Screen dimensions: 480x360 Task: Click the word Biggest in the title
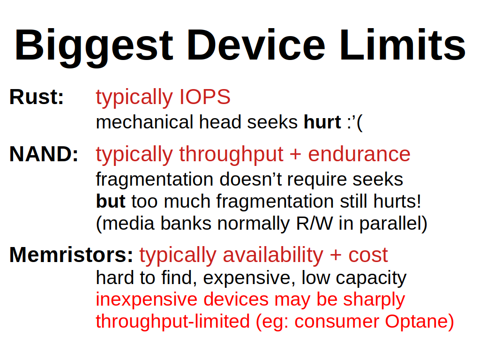click(x=94, y=46)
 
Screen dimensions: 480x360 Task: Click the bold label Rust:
click(x=37, y=97)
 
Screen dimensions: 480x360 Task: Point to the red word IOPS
click(x=205, y=97)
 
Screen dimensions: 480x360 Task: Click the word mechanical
click(x=144, y=122)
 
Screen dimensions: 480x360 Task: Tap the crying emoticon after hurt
click(x=355, y=122)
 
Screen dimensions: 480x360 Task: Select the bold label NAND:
click(x=44, y=154)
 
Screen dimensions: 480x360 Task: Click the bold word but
click(x=111, y=201)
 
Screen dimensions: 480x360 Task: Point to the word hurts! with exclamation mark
click(x=397, y=201)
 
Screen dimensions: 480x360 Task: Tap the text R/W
click(x=314, y=223)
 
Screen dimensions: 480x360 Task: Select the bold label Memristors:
click(x=71, y=255)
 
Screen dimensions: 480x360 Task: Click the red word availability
click(x=273, y=255)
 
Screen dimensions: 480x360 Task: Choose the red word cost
click(x=368, y=255)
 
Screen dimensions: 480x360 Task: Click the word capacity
click(x=371, y=278)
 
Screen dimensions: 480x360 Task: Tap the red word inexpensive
click(x=146, y=300)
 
